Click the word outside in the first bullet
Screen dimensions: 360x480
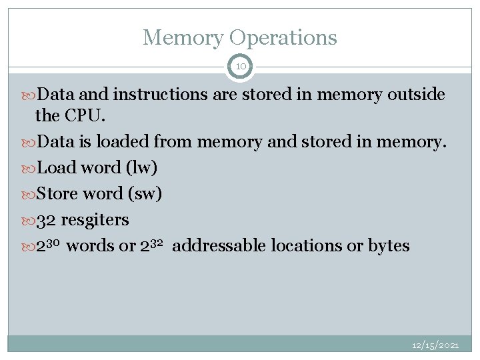[x=415, y=95]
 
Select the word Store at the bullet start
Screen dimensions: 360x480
[x=57, y=193]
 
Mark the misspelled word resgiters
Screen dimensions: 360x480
[x=95, y=220]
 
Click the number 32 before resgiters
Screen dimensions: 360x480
[x=46, y=219]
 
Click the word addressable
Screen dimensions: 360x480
[x=219, y=246]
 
